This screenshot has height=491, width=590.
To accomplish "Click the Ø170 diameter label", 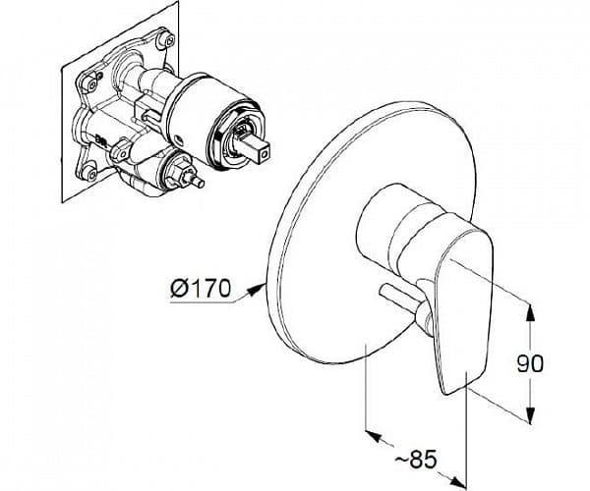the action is pyautogui.click(x=200, y=289).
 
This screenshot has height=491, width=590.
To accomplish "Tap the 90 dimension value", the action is pyautogui.click(x=530, y=363).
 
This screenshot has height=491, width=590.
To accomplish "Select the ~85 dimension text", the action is pyautogui.click(x=416, y=459).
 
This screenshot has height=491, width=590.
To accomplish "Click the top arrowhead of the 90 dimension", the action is pyautogui.click(x=530, y=312).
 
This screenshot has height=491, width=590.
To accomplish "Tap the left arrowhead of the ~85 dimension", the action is pyautogui.click(x=375, y=436).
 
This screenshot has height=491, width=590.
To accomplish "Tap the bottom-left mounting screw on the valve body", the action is pyautogui.click(x=90, y=174).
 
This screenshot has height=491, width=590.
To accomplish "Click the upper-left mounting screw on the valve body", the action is pyautogui.click(x=92, y=84).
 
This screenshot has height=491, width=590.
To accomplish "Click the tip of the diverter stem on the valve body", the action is pyautogui.click(x=201, y=184).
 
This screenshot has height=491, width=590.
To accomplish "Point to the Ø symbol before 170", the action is pyautogui.click(x=178, y=289).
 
